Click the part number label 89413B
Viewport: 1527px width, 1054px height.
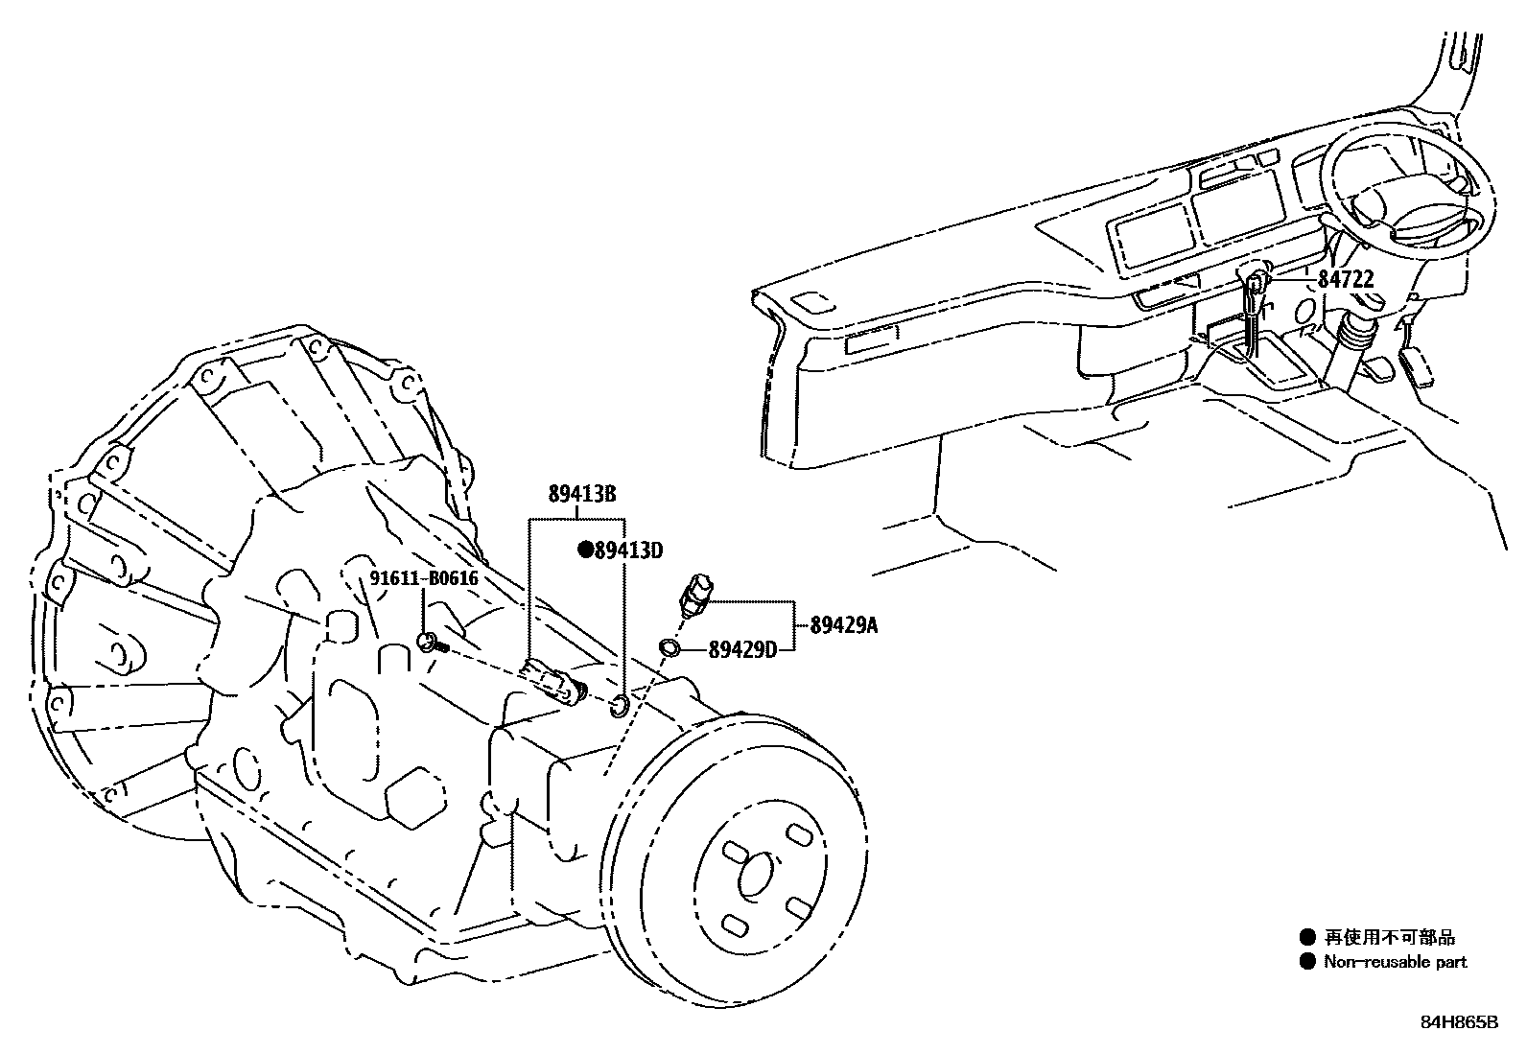581,495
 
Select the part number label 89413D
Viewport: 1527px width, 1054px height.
629,550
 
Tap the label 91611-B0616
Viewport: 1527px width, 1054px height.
424,578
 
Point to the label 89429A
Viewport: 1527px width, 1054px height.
844,626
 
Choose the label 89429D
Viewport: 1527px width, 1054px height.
742,650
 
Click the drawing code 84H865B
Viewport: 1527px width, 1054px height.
1459,1021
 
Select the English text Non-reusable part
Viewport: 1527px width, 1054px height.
1396,962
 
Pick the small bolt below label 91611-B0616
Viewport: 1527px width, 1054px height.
429,642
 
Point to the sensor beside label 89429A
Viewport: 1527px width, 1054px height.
695,596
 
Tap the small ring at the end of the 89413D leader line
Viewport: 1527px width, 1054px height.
620,707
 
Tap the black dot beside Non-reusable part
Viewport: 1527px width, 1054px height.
1306,962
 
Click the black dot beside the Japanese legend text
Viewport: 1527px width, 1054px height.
1306,938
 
